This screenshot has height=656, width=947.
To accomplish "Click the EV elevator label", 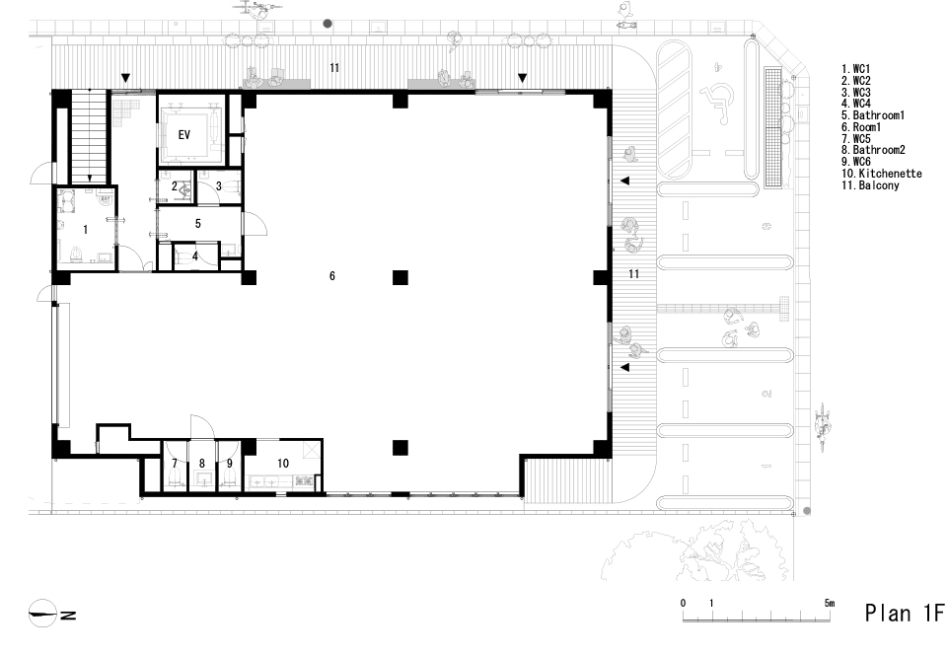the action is point(184,135).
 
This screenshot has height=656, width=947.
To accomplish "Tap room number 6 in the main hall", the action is point(332,276).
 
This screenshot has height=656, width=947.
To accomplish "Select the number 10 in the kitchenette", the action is point(283,464).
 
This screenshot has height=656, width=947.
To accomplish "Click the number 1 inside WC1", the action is point(86,230).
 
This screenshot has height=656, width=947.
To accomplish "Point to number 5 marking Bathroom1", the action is point(198,224).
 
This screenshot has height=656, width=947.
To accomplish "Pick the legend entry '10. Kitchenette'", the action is point(882,174).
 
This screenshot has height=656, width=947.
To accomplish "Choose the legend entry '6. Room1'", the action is point(861,127).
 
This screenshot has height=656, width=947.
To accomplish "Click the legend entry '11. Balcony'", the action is point(870,185).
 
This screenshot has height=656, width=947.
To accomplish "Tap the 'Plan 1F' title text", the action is point(905,613).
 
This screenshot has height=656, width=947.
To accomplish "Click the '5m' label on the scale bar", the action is point(830,603).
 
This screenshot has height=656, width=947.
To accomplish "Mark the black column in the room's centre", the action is point(401,277).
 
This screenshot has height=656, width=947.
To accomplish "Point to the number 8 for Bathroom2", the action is point(201,464).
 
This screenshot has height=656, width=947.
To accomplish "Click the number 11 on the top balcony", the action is point(334,68).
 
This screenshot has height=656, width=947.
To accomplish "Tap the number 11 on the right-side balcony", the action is point(633,274).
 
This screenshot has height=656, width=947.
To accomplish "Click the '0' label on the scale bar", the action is point(683,603).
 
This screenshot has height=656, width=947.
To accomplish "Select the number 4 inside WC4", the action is point(195,256).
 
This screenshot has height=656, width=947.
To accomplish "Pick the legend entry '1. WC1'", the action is point(856,69).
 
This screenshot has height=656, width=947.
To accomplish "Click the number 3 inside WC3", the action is point(219,186).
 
